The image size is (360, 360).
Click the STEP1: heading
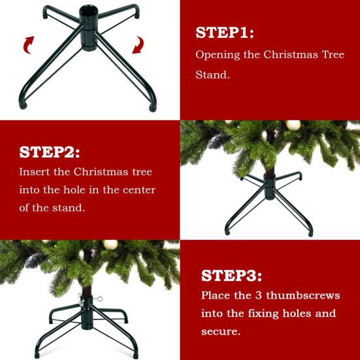[225, 33]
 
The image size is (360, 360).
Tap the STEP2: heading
[50, 152]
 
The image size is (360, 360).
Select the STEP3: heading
[231, 274]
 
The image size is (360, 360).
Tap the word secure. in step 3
[221, 332]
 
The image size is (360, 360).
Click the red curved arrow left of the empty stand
[28, 44]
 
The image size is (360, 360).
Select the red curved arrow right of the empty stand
[139, 45]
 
